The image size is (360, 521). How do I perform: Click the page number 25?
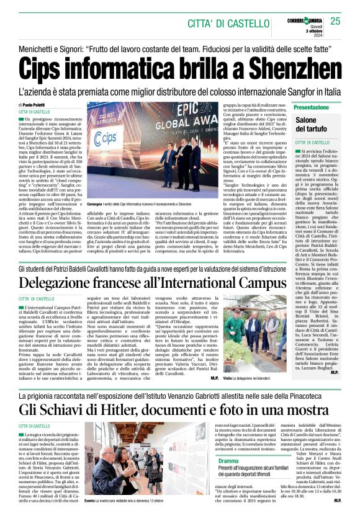tap(336, 21)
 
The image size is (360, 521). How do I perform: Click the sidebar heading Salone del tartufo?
tap(324, 124)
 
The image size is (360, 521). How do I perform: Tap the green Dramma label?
tap(228, 461)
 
